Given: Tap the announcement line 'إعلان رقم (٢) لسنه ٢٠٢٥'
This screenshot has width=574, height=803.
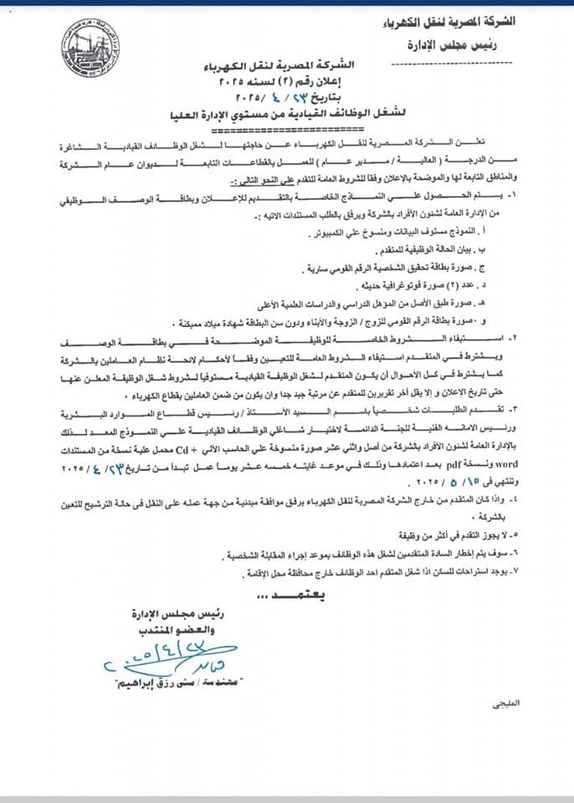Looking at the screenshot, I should point(287,84).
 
